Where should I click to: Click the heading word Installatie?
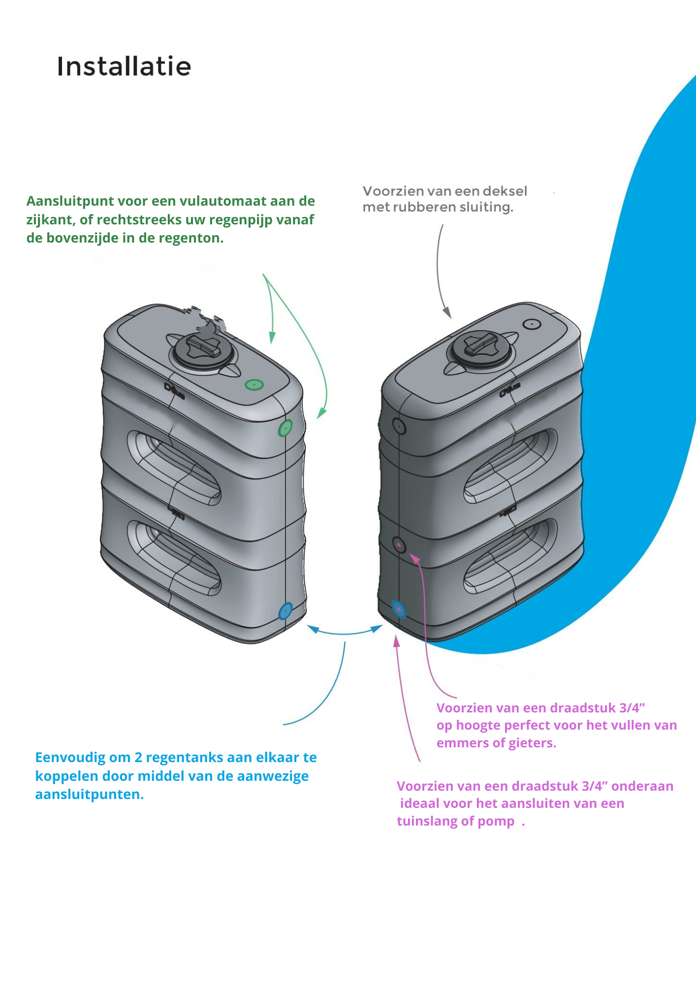click(124, 66)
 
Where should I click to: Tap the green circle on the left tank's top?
click(254, 385)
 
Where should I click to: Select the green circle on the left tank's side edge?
click(285, 429)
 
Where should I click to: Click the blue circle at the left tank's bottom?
click(285, 612)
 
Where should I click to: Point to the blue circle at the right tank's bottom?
click(399, 610)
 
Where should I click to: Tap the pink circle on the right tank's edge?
click(399, 545)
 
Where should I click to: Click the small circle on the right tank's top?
click(532, 324)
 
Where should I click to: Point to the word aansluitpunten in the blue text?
click(89, 795)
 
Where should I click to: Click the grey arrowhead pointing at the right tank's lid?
click(447, 312)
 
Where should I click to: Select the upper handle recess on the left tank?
click(174, 467)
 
